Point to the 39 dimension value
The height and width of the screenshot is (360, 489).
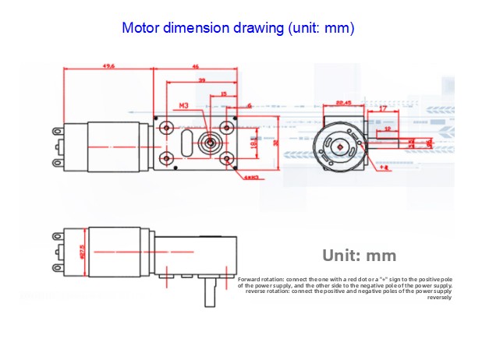pyautogui.click(x=202, y=80)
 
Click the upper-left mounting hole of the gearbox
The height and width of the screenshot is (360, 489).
pyautogui.click(x=165, y=125)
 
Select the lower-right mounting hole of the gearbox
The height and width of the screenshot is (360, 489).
pyautogui.click(x=226, y=160)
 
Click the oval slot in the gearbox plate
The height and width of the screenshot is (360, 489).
pyautogui.click(x=185, y=143)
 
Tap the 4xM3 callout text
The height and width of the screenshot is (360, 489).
pyautogui.click(x=251, y=178)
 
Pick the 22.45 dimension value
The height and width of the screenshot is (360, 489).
pyautogui.click(x=342, y=102)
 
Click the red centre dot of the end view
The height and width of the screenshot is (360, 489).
pyautogui.click(x=340, y=145)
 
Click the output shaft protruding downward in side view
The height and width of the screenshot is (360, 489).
pyautogui.click(x=208, y=295)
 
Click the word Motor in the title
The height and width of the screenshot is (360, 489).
pyautogui.click(x=141, y=29)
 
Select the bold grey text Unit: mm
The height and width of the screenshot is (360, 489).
pyautogui.click(x=360, y=256)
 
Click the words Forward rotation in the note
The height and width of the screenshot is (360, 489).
pyautogui.click(x=261, y=279)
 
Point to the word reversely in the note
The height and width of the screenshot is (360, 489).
pyautogui.click(x=440, y=297)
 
